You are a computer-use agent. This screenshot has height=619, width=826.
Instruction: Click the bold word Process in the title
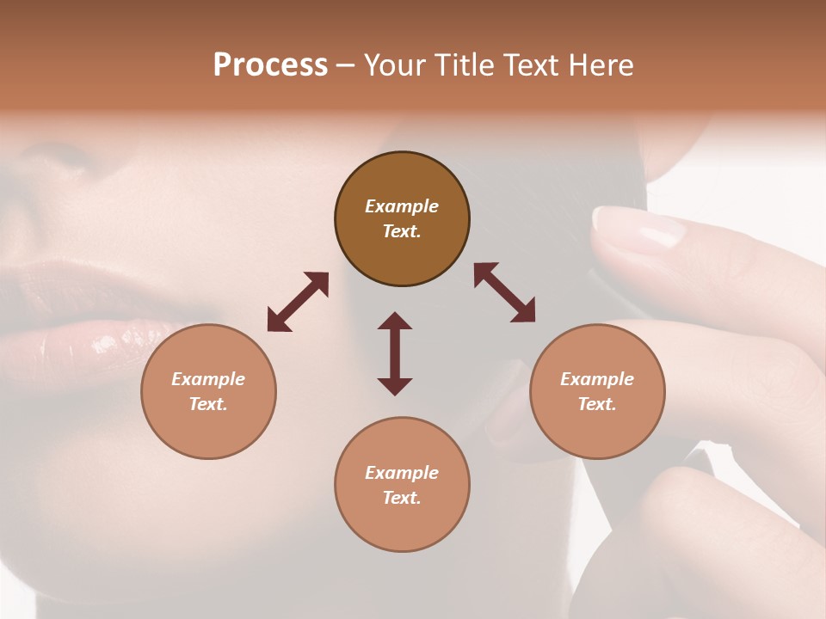click(270, 65)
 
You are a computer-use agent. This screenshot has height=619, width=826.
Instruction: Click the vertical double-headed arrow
click(395, 353)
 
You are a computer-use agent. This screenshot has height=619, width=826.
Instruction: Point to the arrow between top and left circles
click(298, 302)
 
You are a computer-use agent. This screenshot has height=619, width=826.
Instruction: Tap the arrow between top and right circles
click(504, 292)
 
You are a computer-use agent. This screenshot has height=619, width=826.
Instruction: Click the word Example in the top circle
click(402, 206)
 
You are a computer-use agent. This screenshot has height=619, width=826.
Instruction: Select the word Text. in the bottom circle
click(402, 498)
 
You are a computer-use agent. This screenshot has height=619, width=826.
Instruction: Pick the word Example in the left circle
click(208, 379)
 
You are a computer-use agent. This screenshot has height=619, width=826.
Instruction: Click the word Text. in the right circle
click(597, 404)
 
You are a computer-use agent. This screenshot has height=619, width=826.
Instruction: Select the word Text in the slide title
click(528, 65)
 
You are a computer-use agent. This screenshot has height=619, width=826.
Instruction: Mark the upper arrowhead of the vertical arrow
click(395, 320)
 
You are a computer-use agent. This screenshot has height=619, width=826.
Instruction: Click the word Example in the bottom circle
click(402, 473)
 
